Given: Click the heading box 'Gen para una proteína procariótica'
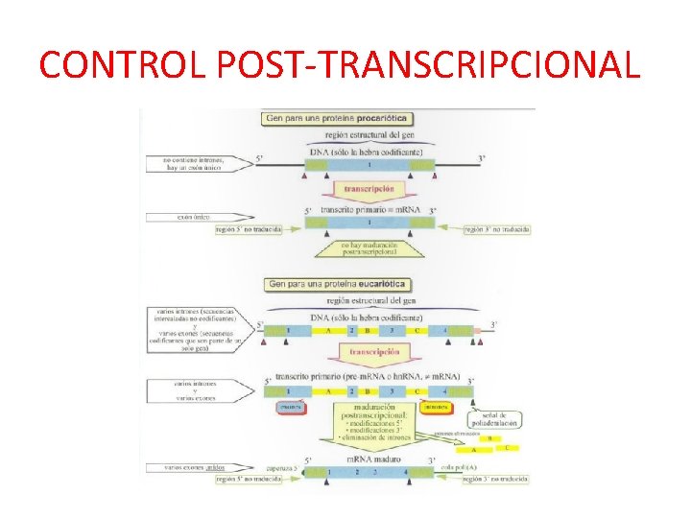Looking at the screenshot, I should (x=335, y=119).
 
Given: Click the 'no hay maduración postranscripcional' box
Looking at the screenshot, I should (x=369, y=248).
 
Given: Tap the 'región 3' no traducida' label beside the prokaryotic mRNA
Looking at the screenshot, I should (x=497, y=229).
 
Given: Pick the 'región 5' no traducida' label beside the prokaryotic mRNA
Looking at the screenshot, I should (x=249, y=229).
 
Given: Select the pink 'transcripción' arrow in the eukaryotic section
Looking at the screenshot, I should (x=372, y=352).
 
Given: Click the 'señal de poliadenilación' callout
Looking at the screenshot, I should (x=493, y=418).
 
